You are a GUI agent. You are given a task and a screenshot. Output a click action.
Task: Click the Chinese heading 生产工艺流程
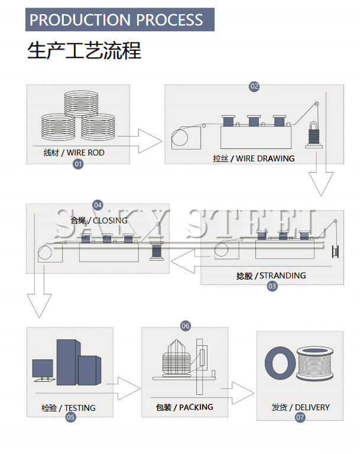click(84, 50)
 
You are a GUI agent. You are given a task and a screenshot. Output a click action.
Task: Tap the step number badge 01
click(77, 164)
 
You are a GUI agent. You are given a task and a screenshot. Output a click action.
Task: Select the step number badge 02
click(254, 86)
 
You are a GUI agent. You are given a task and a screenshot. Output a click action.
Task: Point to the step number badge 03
click(272, 286)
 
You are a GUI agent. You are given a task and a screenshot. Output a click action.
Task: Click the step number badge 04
click(98, 205)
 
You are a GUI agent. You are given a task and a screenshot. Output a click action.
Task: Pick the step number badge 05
click(70, 417)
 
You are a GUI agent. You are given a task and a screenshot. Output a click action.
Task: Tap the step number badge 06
click(186, 326)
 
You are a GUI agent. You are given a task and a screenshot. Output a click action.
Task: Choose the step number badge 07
click(300, 417)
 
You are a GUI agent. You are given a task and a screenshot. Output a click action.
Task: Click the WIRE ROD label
click(74, 153)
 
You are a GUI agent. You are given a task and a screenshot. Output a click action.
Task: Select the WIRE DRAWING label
click(254, 158)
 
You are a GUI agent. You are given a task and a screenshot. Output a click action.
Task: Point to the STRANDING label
click(271, 275)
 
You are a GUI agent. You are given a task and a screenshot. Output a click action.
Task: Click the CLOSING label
click(99, 220)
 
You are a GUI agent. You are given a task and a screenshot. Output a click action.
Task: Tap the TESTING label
click(69, 408)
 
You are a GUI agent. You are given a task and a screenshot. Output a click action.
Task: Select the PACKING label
click(184, 407)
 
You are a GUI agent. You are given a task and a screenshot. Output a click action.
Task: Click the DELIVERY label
click(300, 407)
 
